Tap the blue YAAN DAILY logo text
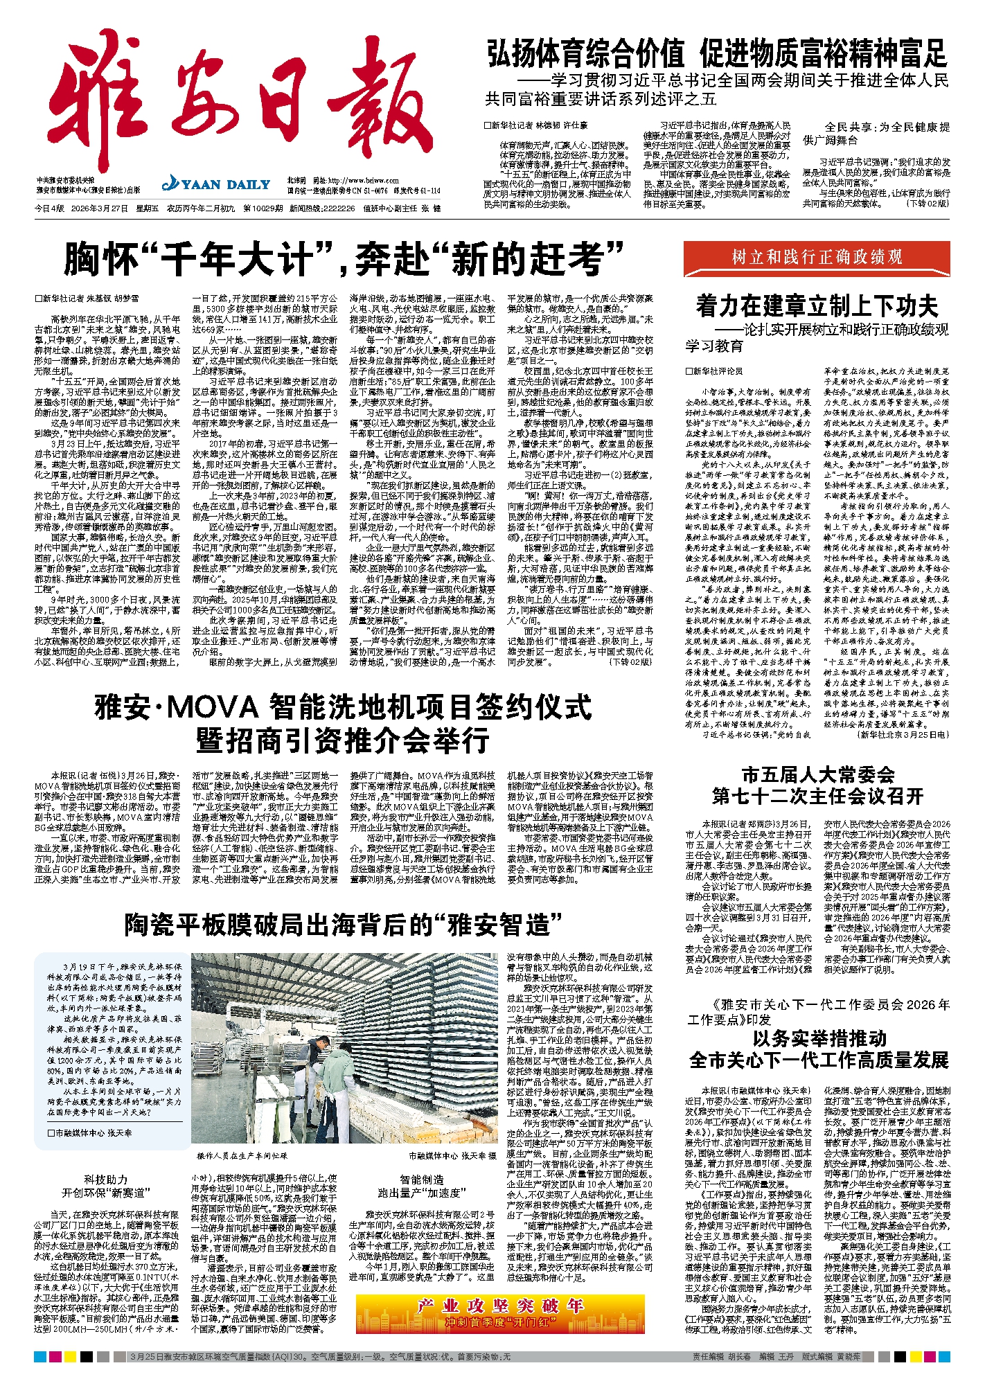coord(217,184)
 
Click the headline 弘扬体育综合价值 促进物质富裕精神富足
coord(716,54)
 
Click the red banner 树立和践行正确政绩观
coord(817,258)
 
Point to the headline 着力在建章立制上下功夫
coord(817,306)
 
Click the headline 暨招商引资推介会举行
coord(343,740)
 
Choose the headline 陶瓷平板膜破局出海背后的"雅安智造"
coord(343,924)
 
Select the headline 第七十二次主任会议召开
coord(817,796)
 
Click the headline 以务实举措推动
coord(819,1039)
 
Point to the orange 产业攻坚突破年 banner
coord(500,1314)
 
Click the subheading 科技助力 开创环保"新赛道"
coord(106,1186)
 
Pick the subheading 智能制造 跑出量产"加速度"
coord(421,1186)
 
